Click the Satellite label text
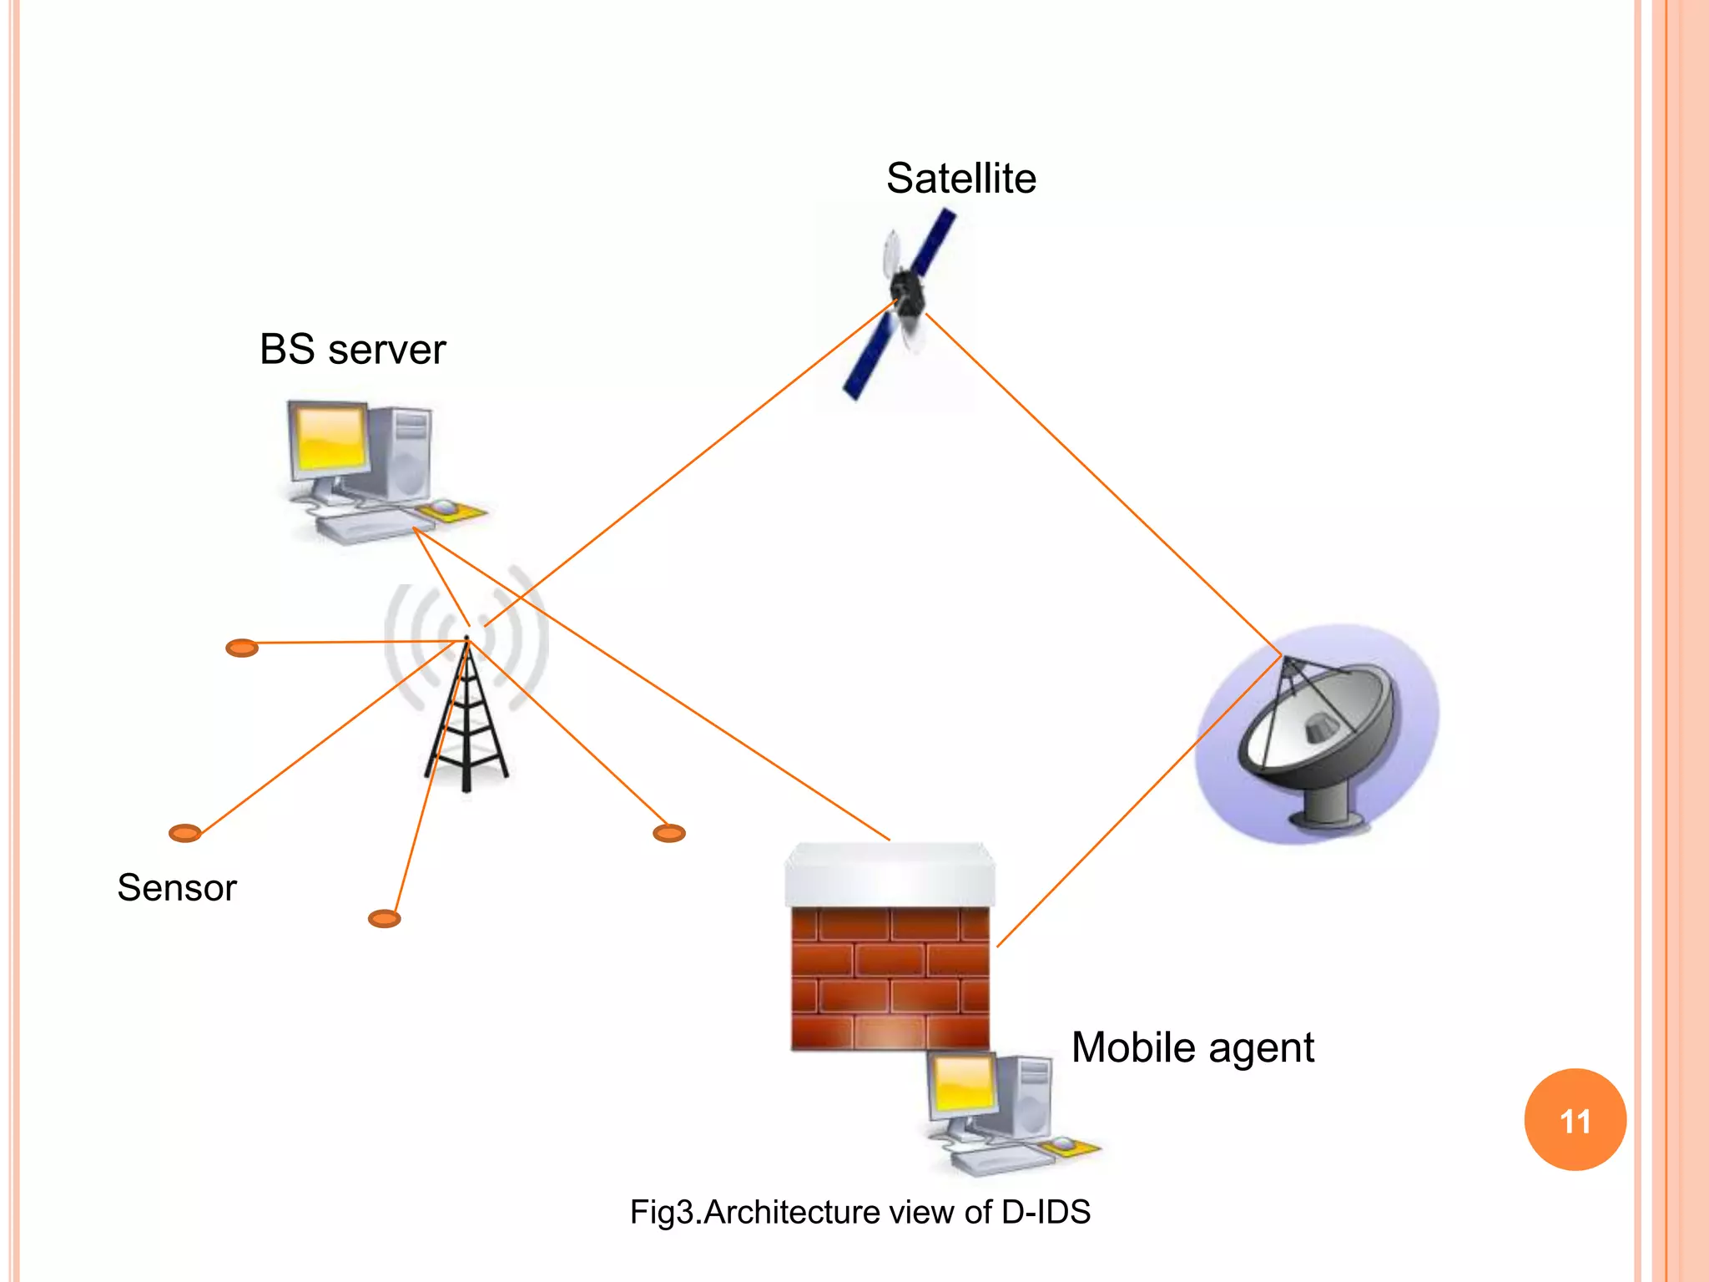(x=960, y=179)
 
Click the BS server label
(x=352, y=350)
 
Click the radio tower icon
(x=466, y=718)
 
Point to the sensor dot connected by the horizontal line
(x=242, y=648)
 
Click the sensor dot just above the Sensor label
(x=184, y=833)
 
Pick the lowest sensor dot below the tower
(x=384, y=919)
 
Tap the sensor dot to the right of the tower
(x=668, y=833)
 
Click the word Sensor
(x=177, y=888)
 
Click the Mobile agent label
(x=1192, y=1048)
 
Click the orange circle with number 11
(x=1575, y=1120)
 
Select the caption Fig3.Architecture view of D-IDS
(x=860, y=1212)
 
